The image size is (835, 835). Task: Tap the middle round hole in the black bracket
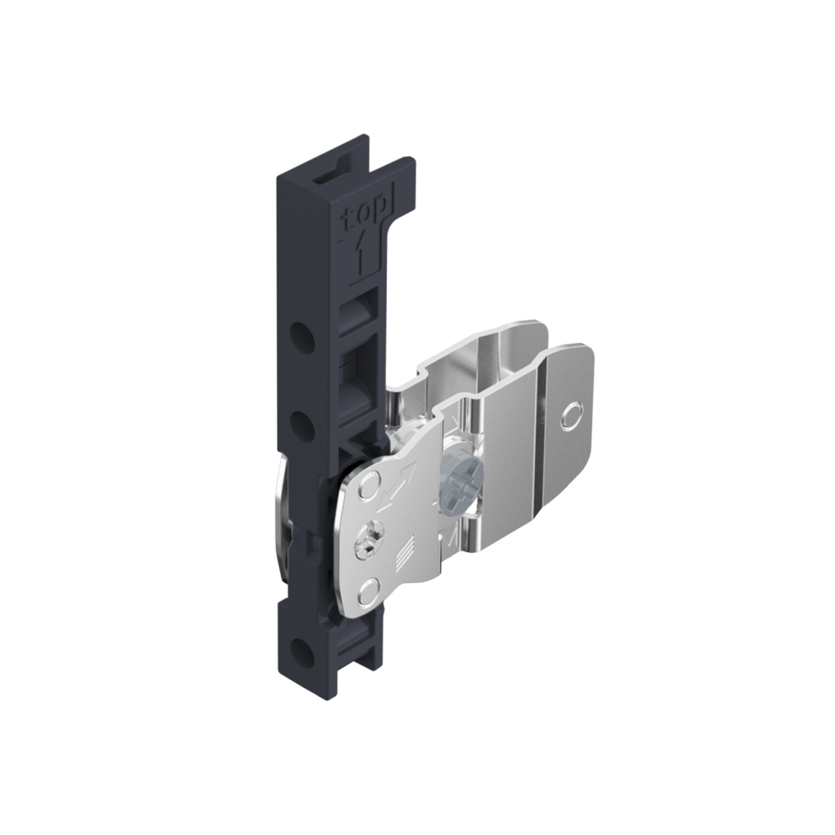302,422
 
